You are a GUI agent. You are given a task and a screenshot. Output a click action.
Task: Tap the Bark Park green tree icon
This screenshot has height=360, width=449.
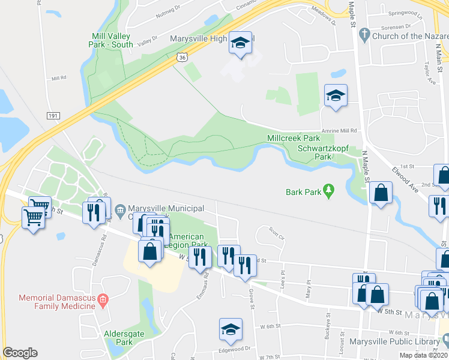[328, 191]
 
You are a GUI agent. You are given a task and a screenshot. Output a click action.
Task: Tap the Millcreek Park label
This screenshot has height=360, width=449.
[294, 139]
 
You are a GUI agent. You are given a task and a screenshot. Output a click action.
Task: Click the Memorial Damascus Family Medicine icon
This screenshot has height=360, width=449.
[103, 299]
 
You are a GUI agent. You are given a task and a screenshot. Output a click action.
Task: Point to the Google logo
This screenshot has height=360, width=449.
[20, 352]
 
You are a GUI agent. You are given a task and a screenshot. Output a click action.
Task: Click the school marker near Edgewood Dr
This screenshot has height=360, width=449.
[231, 329]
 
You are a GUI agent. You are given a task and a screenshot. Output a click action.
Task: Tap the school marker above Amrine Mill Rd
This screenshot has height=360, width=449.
[336, 96]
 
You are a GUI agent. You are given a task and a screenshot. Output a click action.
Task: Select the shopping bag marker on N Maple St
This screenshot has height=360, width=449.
[381, 193]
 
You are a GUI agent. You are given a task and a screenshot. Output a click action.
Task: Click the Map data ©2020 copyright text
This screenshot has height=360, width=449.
[422, 355]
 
